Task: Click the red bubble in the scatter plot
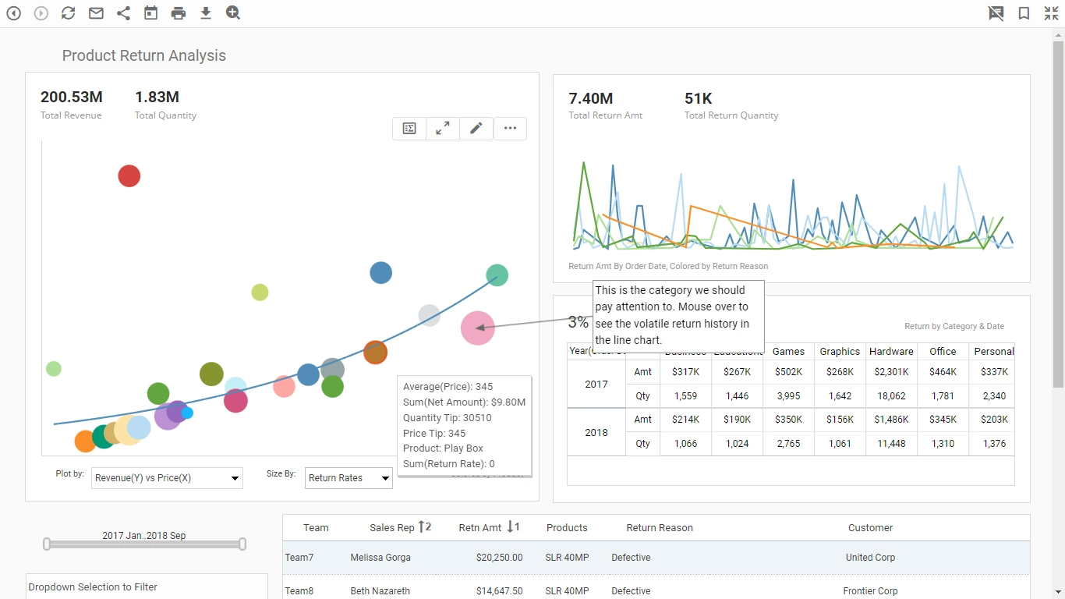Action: click(129, 176)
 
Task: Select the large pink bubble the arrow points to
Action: click(477, 328)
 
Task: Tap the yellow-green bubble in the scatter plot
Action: click(260, 292)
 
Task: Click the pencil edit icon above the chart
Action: click(476, 129)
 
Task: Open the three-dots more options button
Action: click(510, 129)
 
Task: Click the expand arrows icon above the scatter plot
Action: click(442, 129)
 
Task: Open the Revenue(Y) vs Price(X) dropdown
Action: click(167, 478)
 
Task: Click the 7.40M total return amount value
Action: click(590, 98)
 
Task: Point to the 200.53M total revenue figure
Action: click(72, 97)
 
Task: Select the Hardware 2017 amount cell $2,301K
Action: click(891, 372)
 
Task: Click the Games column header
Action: click(788, 352)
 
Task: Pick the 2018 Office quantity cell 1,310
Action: click(943, 444)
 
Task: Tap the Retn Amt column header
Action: click(480, 528)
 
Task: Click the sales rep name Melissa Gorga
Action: click(380, 558)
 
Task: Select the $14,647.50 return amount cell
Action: click(495, 591)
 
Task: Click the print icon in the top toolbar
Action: click(179, 13)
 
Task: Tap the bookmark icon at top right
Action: click(1024, 13)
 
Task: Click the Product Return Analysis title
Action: click(144, 55)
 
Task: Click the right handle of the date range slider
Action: click(242, 544)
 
